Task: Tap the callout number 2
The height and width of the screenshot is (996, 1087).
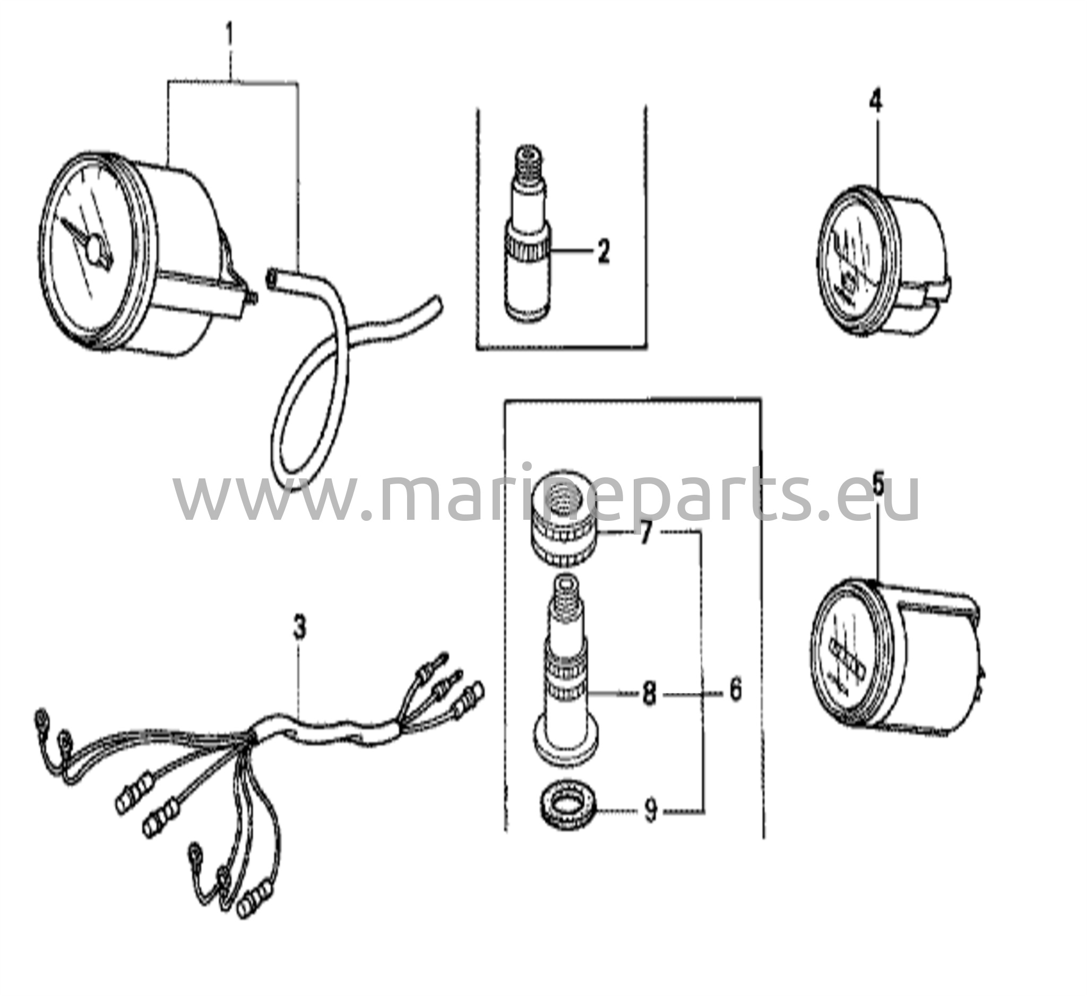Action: point(603,251)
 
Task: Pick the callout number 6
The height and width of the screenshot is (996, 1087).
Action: point(736,690)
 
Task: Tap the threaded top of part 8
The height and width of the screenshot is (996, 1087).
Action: point(565,598)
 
